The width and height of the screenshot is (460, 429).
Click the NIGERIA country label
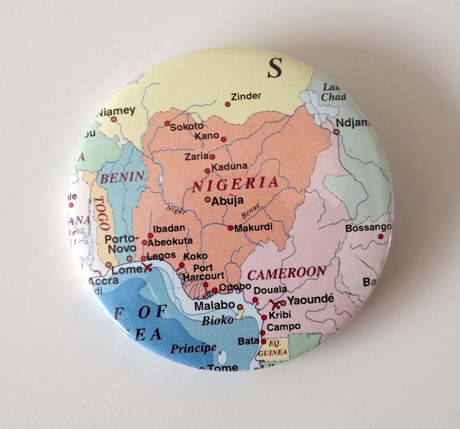[235, 184]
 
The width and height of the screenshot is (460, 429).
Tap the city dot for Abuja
[207, 199]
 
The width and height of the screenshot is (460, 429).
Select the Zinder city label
[246, 96]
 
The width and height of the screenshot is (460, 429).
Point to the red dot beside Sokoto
[167, 123]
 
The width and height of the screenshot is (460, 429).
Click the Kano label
[207, 135]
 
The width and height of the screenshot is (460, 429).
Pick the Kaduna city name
[229, 167]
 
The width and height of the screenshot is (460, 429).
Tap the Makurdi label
[253, 227]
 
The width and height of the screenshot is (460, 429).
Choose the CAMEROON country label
[286, 273]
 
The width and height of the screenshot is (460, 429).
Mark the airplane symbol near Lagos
[148, 267]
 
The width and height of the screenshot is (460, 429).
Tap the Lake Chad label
[332, 92]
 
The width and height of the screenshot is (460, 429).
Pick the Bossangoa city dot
[380, 237]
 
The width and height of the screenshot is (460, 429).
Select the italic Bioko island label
[217, 321]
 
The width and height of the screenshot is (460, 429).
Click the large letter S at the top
[275, 68]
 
